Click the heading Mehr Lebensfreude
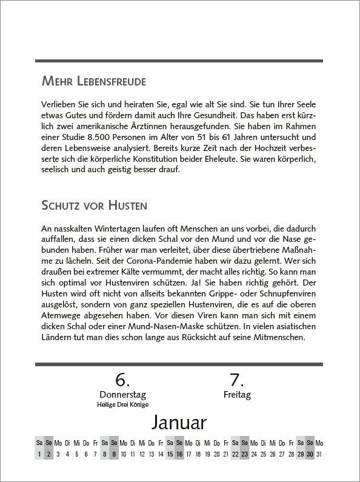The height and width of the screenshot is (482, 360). (x=93, y=81)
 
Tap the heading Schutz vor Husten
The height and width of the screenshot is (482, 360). (x=94, y=204)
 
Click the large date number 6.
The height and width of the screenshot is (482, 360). (x=123, y=380)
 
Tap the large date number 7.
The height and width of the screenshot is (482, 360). (x=236, y=380)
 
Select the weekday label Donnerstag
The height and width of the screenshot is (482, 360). (x=123, y=395)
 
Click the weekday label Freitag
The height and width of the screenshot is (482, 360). (x=236, y=395)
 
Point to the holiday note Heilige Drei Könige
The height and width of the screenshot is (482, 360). (x=123, y=404)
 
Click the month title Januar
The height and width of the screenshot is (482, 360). (x=179, y=422)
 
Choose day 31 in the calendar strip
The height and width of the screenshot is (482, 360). (x=319, y=454)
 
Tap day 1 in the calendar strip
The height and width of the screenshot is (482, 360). (x=39, y=454)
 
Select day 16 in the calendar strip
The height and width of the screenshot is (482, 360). (x=179, y=454)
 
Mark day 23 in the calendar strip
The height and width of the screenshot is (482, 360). (x=245, y=454)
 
